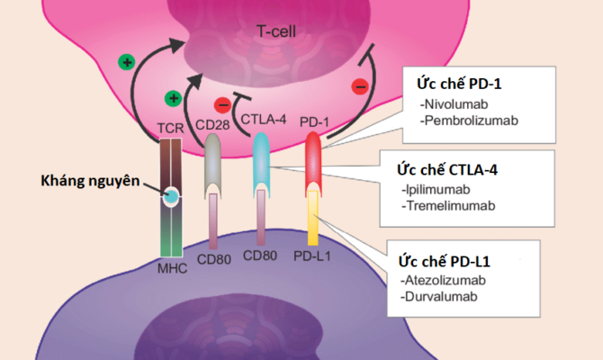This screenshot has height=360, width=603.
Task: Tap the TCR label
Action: [x=171, y=128]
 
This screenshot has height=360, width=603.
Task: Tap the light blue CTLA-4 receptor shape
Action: [x=262, y=162]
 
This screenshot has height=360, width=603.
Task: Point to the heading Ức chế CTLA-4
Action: [x=445, y=170]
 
